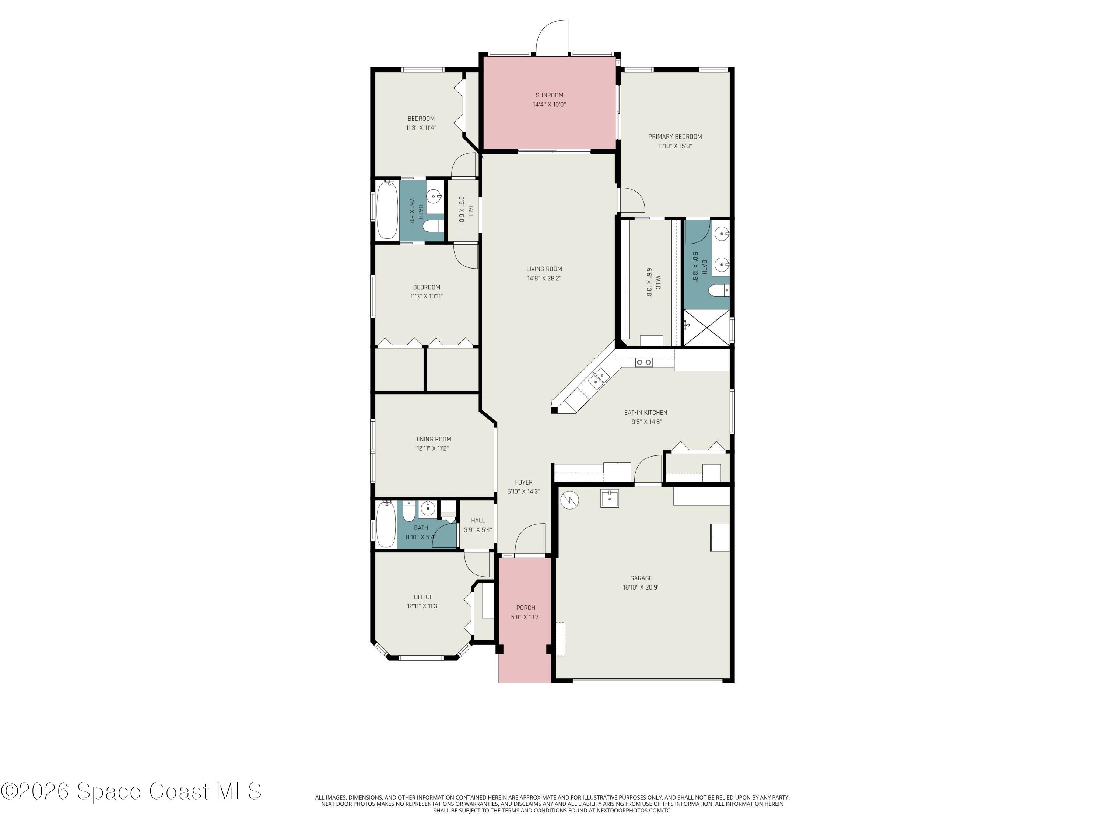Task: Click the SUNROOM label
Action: click(x=549, y=95)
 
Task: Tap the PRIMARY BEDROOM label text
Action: click(x=675, y=136)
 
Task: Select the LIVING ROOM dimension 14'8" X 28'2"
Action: click(x=544, y=278)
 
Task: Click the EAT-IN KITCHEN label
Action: click(x=645, y=413)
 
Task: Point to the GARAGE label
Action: click(x=641, y=578)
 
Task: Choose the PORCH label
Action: click(x=526, y=608)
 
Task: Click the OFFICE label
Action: click(x=423, y=597)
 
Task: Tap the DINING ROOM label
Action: click(x=433, y=439)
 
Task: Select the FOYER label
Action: click(x=523, y=482)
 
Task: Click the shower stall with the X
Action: click(x=706, y=327)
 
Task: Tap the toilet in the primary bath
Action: click(x=718, y=290)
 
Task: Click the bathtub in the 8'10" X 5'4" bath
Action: click(x=386, y=525)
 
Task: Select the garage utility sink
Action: click(x=610, y=498)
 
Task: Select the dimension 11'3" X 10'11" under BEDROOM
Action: click(x=427, y=296)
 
